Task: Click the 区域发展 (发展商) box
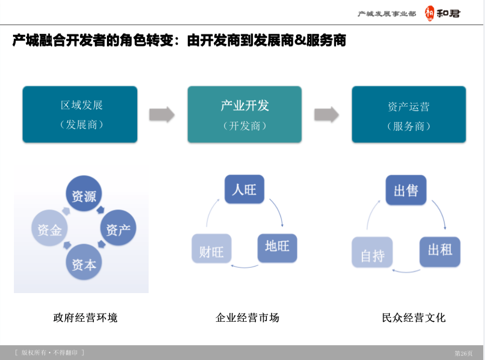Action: [x=80, y=115]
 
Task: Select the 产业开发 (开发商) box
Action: [x=245, y=115]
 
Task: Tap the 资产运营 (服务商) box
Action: [x=409, y=115]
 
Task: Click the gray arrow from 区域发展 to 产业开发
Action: [x=162, y=115]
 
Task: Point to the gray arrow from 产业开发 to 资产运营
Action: [x=326, y=115]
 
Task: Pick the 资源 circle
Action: [x=84, y=196]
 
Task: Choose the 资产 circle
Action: [x=118, y=230]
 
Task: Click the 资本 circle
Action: [x=84, y=264]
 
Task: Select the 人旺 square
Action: [x=244, y=189]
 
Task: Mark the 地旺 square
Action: [x=277, y=248]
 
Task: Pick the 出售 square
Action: [x=406, y=190]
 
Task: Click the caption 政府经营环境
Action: [x=85, y=318]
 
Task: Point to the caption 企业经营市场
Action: [x=247, y=318]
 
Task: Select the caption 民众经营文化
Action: [x=414, y=318]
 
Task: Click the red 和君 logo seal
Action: [x=430, y=14]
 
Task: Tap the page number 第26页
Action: [x=464, y=353]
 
